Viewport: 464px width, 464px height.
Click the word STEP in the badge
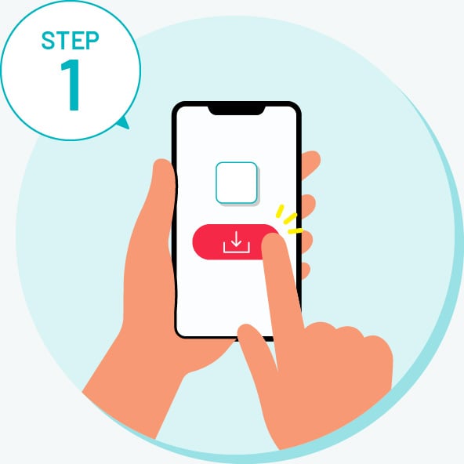point(70,40)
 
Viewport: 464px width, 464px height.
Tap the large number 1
point(71,85)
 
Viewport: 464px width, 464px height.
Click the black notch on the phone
point(236,110)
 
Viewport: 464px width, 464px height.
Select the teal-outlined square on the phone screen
point(237,183)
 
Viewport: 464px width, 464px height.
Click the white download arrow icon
point(236,242)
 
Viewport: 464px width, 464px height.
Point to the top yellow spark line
point(280,211)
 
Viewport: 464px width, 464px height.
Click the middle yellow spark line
point(290,219)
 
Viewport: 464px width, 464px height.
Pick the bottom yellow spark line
point(295,230)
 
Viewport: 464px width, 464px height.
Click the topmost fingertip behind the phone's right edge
point(310,164)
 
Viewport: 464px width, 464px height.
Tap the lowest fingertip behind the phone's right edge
point(306,270)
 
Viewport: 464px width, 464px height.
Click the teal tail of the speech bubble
point(124,122)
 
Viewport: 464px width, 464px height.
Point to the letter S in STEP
point(48,40)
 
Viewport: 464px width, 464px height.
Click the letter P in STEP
point(92,40)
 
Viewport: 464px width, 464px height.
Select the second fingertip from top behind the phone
point(308,206)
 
